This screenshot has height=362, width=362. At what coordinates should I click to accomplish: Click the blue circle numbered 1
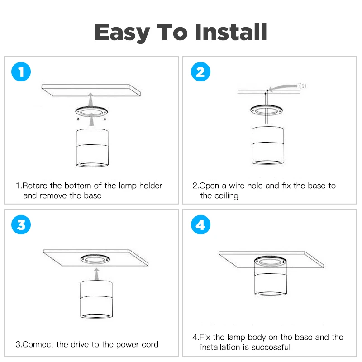[x=21, y=72]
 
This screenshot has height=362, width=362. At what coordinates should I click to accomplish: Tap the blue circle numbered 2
[x=200, y=72]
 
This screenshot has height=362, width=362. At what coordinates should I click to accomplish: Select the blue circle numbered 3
[x=21, y=224]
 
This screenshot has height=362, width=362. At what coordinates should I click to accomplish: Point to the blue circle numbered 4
[x=200, y=224]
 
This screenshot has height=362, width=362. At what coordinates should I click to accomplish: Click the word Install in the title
[x=231, y=32]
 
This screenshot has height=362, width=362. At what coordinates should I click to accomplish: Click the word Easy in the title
[x=122, y=33]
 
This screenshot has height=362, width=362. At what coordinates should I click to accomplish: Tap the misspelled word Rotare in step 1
[x=35, y=186]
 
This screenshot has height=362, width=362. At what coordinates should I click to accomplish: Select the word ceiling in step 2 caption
[x=226, y=196]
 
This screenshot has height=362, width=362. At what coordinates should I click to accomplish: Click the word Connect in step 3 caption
[x=38, y=344]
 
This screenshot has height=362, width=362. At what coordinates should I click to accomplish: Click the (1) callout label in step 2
[x=303, y=86]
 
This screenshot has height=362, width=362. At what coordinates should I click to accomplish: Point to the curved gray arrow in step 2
[x=283, y=87]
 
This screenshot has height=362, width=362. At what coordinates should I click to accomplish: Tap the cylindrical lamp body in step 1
[x=92, y=148]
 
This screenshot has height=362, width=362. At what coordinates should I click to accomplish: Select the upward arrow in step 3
[x=97, y=274]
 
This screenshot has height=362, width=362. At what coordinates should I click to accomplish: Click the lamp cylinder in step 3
[x=96, y=299]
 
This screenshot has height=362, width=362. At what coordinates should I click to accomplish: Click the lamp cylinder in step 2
[x=268, y=145]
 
